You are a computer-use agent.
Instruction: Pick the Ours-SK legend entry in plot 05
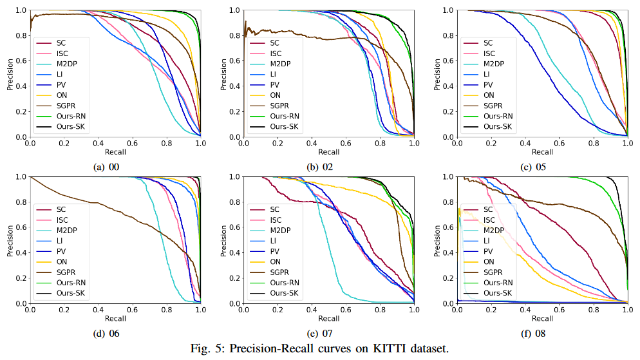[x=498, y=127]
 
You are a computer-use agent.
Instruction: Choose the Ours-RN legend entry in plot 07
[x=284, y=283]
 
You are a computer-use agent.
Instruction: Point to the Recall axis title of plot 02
[x=328, y=152]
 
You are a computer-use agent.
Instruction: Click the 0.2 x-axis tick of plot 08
[x=491, y=310]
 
